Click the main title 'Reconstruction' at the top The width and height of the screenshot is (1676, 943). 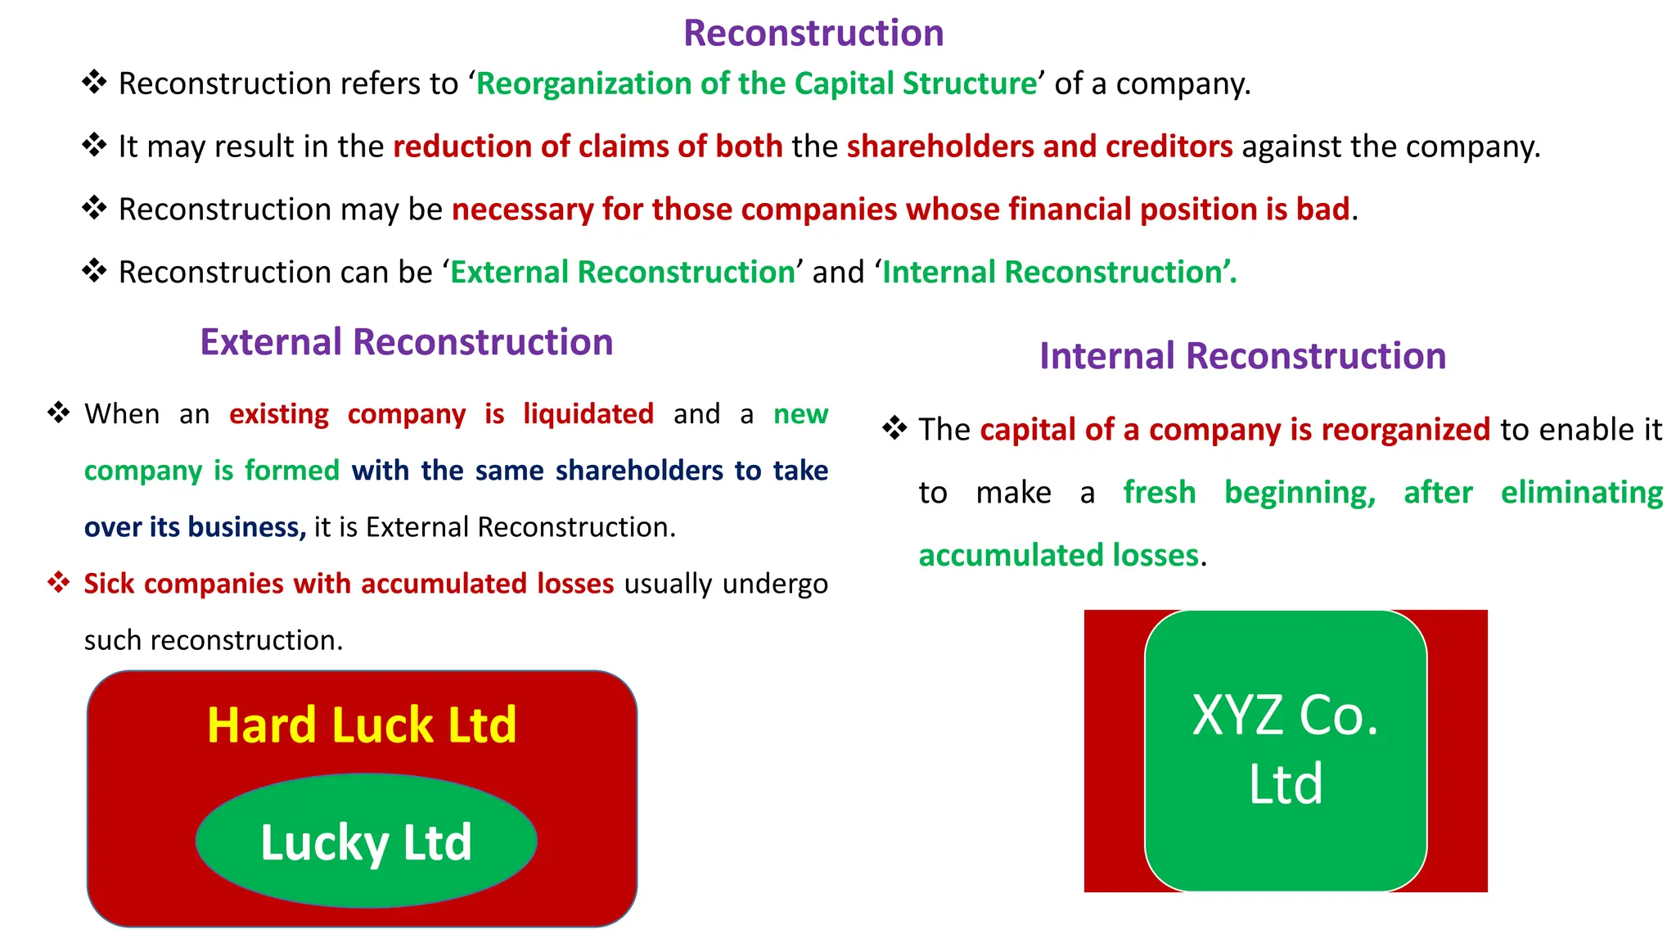[813, 34]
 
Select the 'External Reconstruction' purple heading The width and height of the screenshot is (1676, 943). [407, 342]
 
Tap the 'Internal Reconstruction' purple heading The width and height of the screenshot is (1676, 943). [1242, 356]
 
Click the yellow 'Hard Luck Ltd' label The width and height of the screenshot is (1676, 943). [362, 725]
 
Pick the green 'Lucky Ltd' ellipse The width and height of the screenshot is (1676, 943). [366, 841]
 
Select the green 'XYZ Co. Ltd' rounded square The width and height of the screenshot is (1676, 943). [1285, 750]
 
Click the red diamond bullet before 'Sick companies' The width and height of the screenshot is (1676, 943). [59, 583]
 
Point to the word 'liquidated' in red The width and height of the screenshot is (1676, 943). [588, 414]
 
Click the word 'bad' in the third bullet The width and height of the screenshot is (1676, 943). [1322, 210]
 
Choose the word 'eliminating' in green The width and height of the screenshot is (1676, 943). [1581, 493]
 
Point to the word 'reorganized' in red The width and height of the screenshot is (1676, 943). [1405, 430]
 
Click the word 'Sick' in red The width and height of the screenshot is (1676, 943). [109, 584]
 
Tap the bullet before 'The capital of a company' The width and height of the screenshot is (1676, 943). [894, 428]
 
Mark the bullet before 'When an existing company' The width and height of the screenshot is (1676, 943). [59, 413]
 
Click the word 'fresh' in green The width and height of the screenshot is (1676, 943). [1159, 493]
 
